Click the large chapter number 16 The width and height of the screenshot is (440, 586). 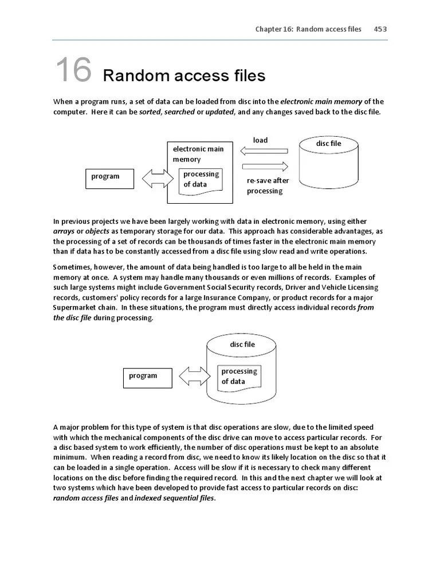[x=73, y=70]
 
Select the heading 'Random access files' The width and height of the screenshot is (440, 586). [x=184, y=76]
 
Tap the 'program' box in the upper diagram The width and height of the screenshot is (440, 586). [x=109, y=177]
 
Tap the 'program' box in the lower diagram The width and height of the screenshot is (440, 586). [x=147, y=377]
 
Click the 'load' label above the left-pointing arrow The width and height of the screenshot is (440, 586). [x=260, y=140]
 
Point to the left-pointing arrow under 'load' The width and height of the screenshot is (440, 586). [x=264, y=151]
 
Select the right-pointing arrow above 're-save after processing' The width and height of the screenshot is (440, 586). [x=265, y=167]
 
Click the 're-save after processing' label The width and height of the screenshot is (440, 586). [x=268, y=186]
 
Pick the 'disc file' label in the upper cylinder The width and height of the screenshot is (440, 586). [x=328, y=144]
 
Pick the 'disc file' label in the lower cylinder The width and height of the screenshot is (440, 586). [x=242, y=345]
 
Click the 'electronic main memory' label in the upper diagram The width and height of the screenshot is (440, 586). [x=198, y=154]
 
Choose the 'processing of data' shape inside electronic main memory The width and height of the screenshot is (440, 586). [x=201, y=180]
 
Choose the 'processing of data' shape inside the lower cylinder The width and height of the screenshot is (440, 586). [x=239, y=377]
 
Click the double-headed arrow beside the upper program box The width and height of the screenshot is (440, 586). [x=153, y=178]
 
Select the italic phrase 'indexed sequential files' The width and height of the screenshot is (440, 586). [x=175, y=498]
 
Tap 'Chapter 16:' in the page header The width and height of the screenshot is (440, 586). [x=274, y=29]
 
